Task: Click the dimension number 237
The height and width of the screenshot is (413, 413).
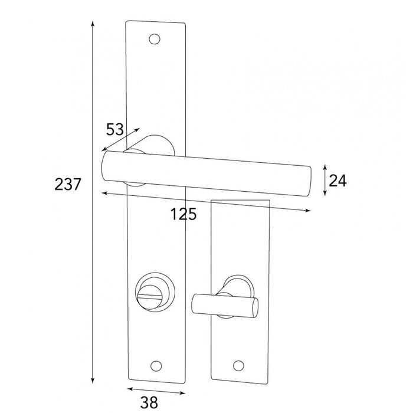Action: (x=67, y=185)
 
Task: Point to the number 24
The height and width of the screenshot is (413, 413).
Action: (x=337, y=181)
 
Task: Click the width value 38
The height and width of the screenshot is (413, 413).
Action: (x=149, y=402)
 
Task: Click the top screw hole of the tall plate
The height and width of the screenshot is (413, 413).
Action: (x=156, y=40)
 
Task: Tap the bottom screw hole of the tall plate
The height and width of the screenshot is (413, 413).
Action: (x=157, y=364)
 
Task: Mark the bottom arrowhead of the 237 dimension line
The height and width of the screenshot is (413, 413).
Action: (x=93, y=379)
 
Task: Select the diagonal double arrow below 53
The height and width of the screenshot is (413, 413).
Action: (x=121, y=139)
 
